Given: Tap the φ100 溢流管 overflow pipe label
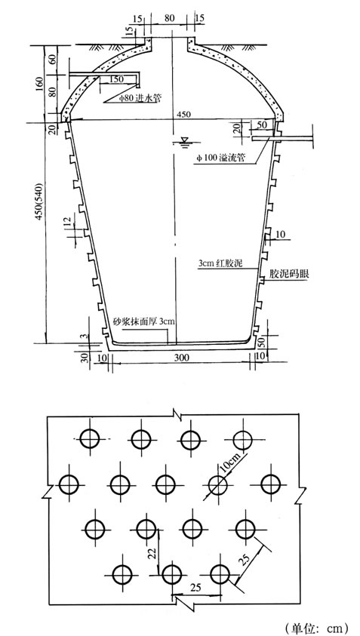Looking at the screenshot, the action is click(220, 158).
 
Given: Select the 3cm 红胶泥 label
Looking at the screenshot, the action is click(220, 264).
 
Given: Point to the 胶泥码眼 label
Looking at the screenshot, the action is click(289, 275).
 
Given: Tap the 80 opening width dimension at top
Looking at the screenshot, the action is click(170, 18).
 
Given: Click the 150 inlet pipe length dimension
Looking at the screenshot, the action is click(116, 79).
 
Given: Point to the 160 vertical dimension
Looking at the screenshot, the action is click(39, 83).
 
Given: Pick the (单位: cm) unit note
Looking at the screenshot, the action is click(317, 628).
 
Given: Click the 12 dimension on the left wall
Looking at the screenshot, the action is click(68, 222).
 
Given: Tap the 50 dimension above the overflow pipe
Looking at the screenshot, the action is click(262, 124).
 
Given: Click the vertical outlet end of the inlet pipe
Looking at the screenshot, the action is click(138, 81).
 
